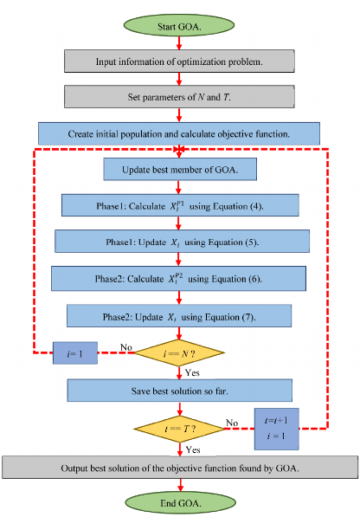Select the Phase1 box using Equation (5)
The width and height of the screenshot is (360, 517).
180,241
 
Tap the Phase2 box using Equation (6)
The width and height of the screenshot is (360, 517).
180,278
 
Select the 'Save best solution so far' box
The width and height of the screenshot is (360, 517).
180,390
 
